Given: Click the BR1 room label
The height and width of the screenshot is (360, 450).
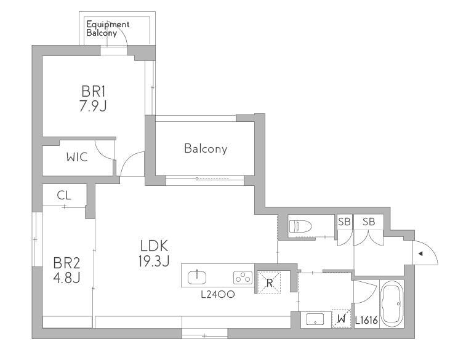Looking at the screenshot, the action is click(x=94, y=92).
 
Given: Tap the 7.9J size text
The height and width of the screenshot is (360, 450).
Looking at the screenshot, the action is click(x=93, y=106).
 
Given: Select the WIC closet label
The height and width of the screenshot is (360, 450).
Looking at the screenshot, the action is click(x=77, y=157).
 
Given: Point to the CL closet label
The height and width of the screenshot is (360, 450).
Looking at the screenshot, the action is click(x=64, y=195).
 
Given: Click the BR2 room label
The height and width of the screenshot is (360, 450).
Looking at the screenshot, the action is click(x=66, y=263).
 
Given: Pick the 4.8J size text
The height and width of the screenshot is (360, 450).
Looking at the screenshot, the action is click(x=66, y=278).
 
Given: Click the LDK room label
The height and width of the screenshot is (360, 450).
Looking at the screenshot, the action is click(x=154, y=246).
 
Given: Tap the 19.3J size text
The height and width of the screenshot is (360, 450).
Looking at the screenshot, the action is click(x=154, y=261).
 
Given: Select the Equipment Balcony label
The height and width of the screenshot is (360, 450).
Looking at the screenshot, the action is click(x=108, y=29).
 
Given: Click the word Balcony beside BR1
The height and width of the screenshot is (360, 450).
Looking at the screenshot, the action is click(x=206, y=148).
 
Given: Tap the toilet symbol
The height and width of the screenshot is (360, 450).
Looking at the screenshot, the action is click(x=300, y=226).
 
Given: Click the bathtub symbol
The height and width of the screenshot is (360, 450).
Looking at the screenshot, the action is click(x=392, y=303).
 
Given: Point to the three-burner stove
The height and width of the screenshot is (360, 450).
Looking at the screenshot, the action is click(x=243, y=278).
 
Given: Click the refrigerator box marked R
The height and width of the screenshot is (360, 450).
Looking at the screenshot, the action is click(x=269, y=282).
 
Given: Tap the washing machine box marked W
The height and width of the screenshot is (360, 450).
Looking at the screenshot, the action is click(x=341, y=318).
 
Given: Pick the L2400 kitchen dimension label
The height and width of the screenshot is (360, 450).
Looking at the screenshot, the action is click(x=218, y=294).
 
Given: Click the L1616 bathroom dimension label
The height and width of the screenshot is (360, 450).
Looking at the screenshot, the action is click(x=366, y=320).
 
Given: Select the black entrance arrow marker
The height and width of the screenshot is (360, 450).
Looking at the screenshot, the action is click(x=420, y=254).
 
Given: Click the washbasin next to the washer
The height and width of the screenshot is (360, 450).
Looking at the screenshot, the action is click(x=315, y=319).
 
